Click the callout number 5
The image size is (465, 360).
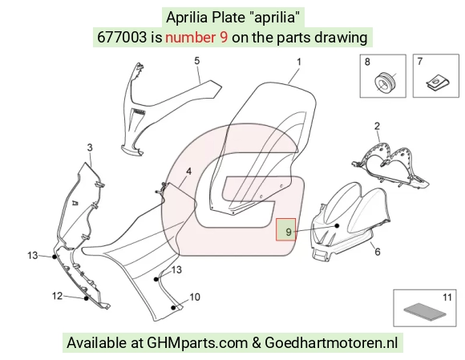point(197,61)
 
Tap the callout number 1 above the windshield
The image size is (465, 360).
point(299,62)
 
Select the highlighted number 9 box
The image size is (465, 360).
point(286,229)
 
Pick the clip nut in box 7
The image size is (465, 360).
point(438,82)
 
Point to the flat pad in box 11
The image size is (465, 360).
point(425,311)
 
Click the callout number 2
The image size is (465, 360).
point(377,126)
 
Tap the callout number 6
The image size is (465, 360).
point(378,252)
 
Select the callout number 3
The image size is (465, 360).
point(90,148)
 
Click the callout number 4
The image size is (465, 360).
point(188,172)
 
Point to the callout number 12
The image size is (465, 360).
point(57,296)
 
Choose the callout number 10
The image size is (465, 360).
point(195,297)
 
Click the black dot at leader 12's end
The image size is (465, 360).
point(86,298)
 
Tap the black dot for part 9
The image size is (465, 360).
point(337,225)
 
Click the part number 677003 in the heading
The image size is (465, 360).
point(122,38)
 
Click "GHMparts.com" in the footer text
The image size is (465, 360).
point(197,343)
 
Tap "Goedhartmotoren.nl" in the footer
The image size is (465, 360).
point(331,343)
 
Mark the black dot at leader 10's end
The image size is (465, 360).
point(173,308)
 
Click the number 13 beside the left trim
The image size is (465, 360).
point(33,255)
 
